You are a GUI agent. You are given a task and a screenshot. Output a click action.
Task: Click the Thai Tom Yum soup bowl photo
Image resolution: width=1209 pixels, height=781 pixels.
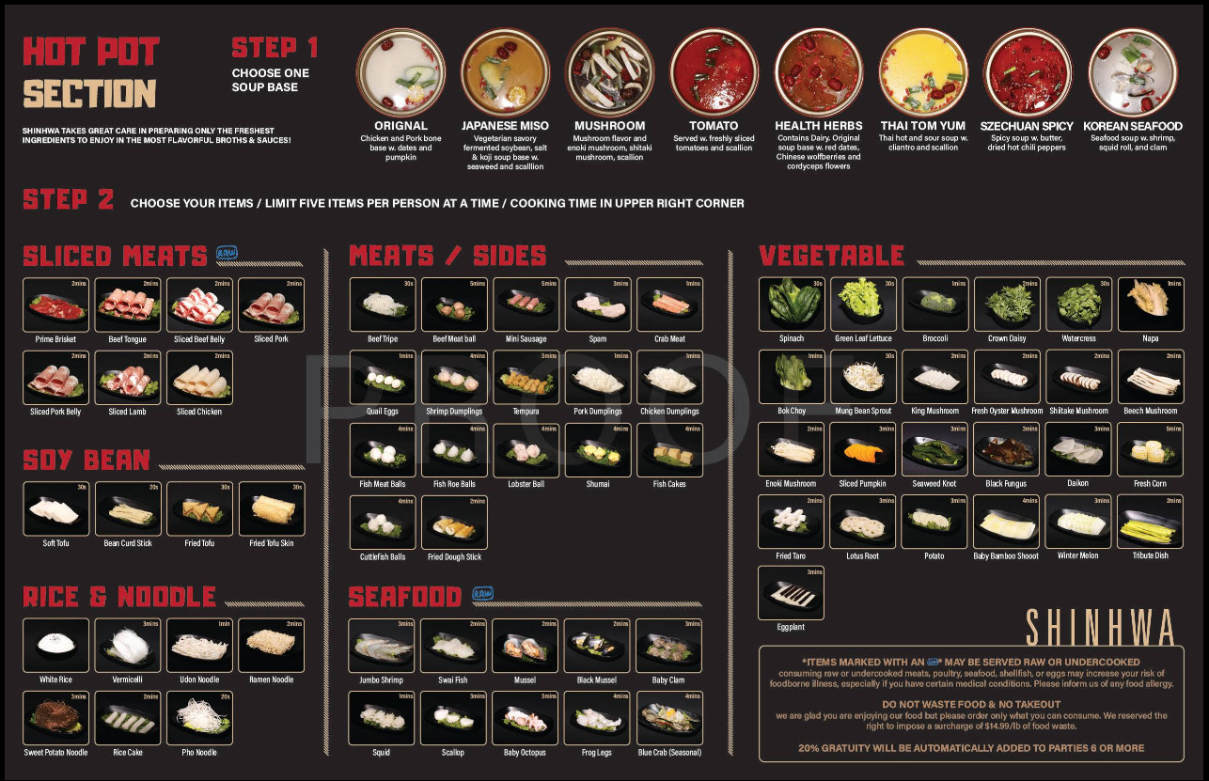pyautogui.click(x=923, y=73)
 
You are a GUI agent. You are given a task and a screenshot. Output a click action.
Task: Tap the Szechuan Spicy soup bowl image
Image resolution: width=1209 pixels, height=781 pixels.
pyautogui.click(x=1028, y=73)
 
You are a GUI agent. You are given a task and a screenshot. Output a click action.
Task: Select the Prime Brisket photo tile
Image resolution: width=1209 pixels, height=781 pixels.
pyautogui.click(x=55, y=305)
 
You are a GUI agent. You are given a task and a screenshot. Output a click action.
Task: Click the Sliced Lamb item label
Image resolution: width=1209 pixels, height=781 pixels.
pyautogui.click(x=128, y=412)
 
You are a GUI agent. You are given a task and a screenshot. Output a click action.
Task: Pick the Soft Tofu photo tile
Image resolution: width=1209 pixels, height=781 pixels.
pyautogui.click(x=55, y=508)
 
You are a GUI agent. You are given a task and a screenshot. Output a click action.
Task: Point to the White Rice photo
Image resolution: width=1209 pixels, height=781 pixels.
pyautogui.click(x=55, y=645)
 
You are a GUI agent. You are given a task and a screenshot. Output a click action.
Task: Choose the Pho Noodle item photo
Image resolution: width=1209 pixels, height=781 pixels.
pyautogui.click(x=199, y=718)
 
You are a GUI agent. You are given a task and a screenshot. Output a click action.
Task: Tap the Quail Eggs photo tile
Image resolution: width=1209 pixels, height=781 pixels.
pyautogui.click(x=383, y=377)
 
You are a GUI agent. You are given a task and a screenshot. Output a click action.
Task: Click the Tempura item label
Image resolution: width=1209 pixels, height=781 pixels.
pyautogui.click(x=526, y=412)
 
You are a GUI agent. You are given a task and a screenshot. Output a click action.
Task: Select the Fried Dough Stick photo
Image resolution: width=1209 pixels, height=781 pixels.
pyautogui.click(x=454, y=523)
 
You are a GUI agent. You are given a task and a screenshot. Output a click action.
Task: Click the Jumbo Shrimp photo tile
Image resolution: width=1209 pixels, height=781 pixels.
pyautogui.click(x=382, y=645)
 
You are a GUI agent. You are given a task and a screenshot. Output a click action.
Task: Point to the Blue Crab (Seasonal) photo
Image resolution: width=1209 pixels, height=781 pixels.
pyautogui.click(x=669, y=718)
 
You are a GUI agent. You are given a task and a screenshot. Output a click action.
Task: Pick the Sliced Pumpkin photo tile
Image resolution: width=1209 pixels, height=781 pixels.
pyautogui.click(x=862, y=449)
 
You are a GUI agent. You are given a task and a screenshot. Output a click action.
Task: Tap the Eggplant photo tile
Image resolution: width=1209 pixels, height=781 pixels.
pyautogui.click(x=791, y=592)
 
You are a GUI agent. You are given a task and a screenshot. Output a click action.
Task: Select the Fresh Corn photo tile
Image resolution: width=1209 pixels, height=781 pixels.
pyautogui.click(x=1150, y=449)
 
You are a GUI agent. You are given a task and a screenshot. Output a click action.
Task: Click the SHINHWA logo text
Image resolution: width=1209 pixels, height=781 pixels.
pyautogui.click(x=1099, y=626)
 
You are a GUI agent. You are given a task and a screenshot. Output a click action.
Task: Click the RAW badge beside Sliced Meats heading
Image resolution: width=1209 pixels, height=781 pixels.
pyautogui.click(x=227, y=253)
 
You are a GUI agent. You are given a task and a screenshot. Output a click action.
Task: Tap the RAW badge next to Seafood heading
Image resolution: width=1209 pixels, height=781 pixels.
pyautogui.click(x=482, y=594)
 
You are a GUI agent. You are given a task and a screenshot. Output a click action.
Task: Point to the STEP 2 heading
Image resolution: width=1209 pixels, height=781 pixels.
pyautogui.click(x=68, y=199)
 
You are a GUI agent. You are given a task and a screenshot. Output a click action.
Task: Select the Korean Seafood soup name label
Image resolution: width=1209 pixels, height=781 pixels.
pyautogui.click(x=1132, y=126)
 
